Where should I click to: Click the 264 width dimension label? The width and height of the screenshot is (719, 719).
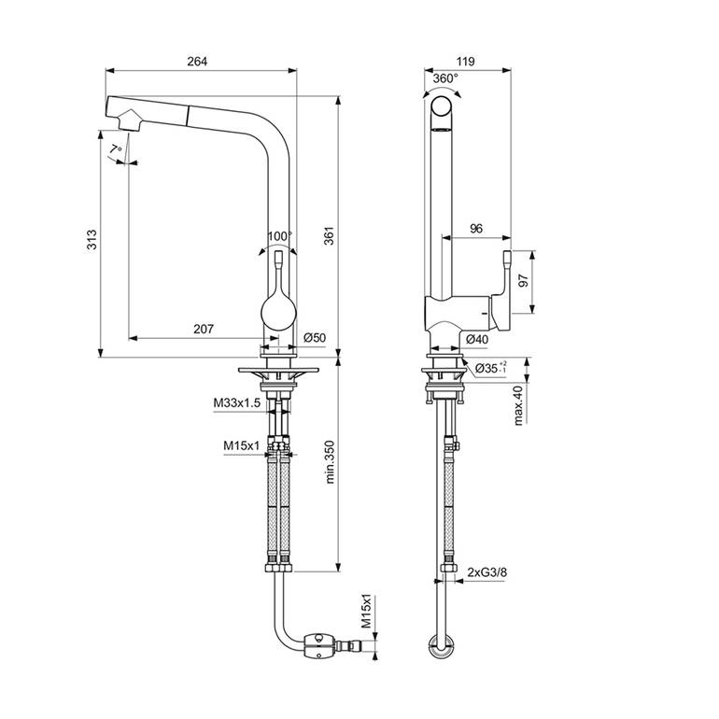point(197,62)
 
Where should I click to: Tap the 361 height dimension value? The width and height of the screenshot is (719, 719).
point(330,235)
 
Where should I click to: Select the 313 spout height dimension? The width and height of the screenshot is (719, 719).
point(92,239)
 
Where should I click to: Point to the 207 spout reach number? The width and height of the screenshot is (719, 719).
point(204,329)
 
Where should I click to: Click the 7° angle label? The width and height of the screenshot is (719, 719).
point(117,148)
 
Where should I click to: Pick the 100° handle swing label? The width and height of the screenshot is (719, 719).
point(280,236)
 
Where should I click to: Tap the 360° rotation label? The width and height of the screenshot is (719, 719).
point(445,78)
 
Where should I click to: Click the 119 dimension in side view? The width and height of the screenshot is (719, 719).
point(465,62)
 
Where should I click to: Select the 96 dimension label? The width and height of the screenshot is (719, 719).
point(476,229)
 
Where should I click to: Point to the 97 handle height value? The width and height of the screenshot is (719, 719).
point(523,281)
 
